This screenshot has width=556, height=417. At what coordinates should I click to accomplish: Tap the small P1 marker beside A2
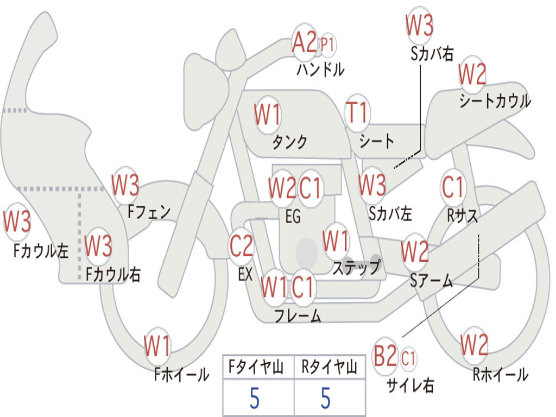point(327,45)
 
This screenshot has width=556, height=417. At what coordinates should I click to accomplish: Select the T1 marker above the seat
point(357,113)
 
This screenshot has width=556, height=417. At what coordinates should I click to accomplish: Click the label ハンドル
point(320,69)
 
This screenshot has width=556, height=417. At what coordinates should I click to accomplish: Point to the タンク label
point(290,142)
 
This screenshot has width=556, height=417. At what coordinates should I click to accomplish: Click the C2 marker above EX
point(242,246)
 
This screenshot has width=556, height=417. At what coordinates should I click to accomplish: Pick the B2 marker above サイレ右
point(386,356)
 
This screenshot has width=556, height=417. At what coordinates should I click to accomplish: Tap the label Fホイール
point(181,375)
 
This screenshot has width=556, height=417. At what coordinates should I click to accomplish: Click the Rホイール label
point(500,375)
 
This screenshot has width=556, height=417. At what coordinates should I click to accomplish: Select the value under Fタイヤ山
point(255,398)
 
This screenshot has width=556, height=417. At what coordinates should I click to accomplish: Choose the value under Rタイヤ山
point(326,398)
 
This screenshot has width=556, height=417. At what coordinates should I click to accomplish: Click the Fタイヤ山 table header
point(256,367)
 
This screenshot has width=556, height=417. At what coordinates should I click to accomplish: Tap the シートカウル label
point(495,100)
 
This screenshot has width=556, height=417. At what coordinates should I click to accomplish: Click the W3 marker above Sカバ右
point(420,26)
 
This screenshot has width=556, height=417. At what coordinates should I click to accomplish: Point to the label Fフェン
point(149,212)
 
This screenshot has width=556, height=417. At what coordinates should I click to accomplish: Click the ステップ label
point(357,267)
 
